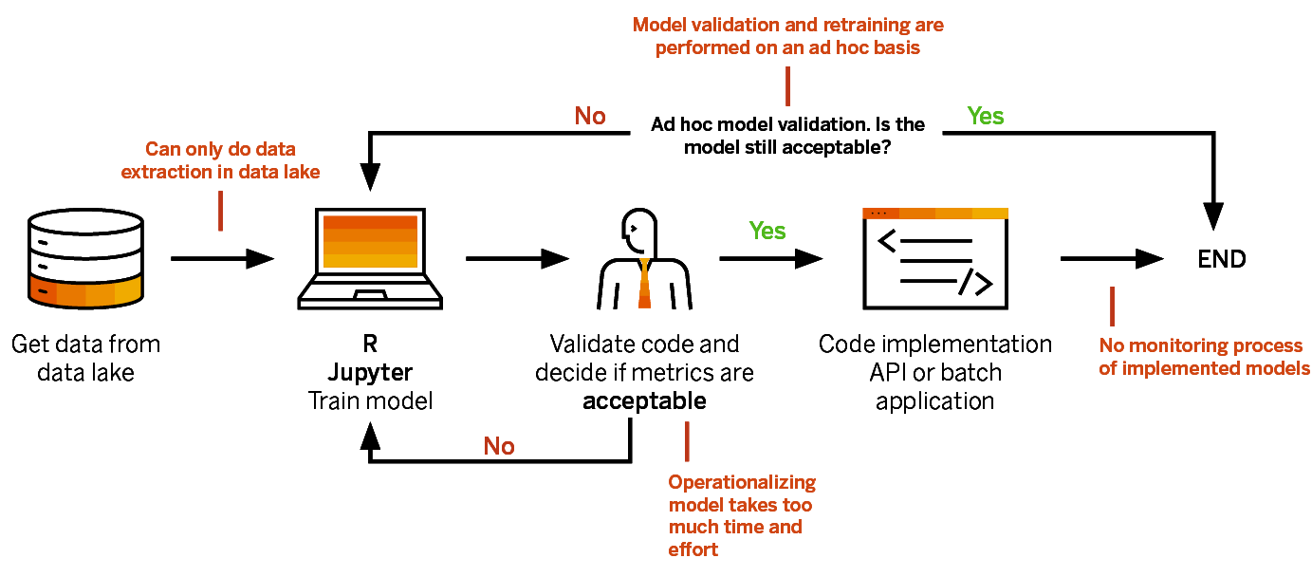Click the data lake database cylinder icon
[85, 258]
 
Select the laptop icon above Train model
[370, 259]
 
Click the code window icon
[934, 258]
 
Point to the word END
[1221, 259]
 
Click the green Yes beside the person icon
[767, 231]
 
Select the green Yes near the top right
[985, 116]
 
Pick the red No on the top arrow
[590, 116]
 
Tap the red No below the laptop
[499, 446]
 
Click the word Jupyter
[370, 372]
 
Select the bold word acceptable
[644, 400]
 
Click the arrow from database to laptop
[223, 257]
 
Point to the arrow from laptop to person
[517, 257]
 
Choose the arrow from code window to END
[1111, 258]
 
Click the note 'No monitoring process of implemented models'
[1204, 357]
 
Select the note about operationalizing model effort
[741, 515]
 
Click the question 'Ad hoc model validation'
[787, 136]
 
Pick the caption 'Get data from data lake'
[85, 358]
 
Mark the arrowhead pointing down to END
[1221, 214]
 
